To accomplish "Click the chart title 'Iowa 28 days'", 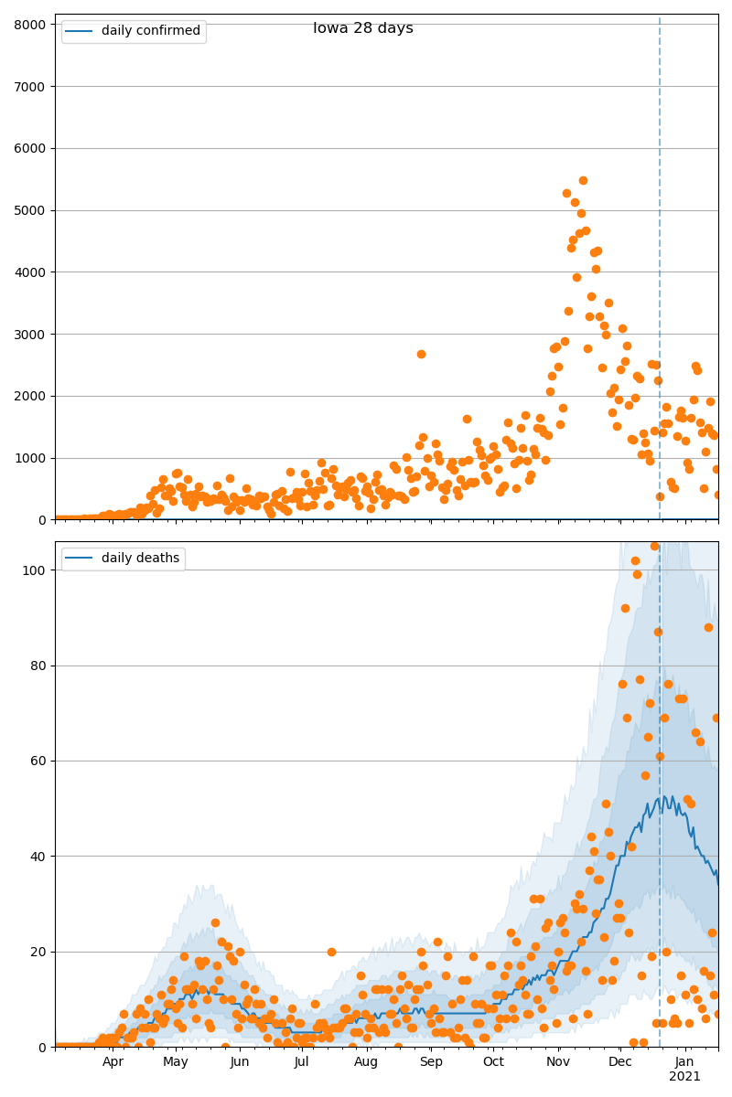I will point(363,28).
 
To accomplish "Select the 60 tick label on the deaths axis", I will point(38,762).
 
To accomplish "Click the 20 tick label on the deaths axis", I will point(38,952).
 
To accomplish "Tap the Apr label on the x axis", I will point(113,1062).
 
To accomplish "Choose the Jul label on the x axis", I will point(302,1062).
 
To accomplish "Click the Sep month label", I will point(431,1062).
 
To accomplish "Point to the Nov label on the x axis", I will point(558,1062).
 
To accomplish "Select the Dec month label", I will point(620,1062).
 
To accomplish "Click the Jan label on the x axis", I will point(684,1062).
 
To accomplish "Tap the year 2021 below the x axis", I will point(684,1077).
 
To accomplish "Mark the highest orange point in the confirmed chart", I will point(583,181).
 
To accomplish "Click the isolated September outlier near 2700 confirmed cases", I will point(421,354).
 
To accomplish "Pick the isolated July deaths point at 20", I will point(331,952).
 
